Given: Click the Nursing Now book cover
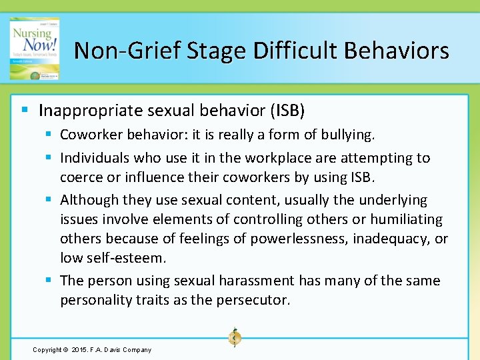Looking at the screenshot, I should pos(34,48).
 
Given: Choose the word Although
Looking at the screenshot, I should pos(87,200).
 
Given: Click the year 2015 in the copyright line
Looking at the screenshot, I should pos(78,349).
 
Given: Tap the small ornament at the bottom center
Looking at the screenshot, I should pos(234,337).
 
